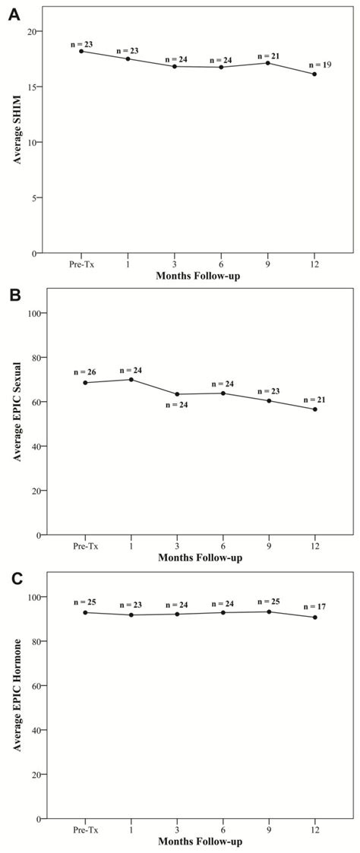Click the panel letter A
(x=14, y=13)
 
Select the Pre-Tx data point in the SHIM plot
(x=81, y=51)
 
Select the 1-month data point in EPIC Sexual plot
(x=132, y=379)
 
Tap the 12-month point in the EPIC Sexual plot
(x=314, y=409)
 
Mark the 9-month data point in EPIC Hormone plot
(x=268, y=611)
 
